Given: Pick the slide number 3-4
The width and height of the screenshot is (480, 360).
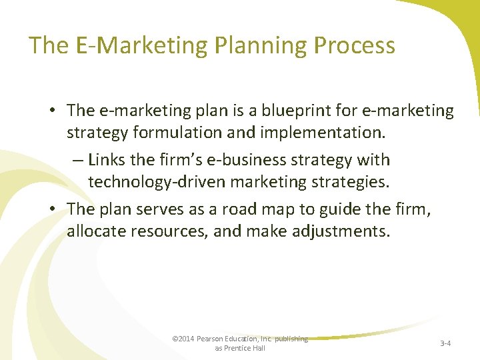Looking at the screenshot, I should coord(445,344).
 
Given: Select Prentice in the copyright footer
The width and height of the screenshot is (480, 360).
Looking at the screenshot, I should coord(239,348).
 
